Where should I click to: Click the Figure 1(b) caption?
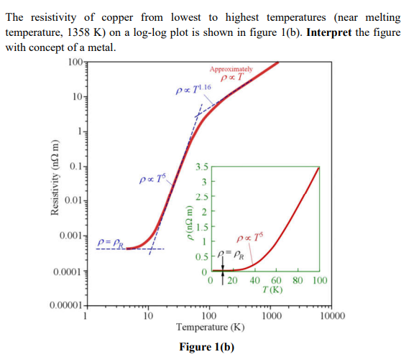point(207,348)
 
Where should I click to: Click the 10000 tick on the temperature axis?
point(331,316)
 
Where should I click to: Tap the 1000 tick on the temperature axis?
point(270,316)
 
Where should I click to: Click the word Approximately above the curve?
point(230,70)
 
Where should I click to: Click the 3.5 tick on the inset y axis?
point(202,167)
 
